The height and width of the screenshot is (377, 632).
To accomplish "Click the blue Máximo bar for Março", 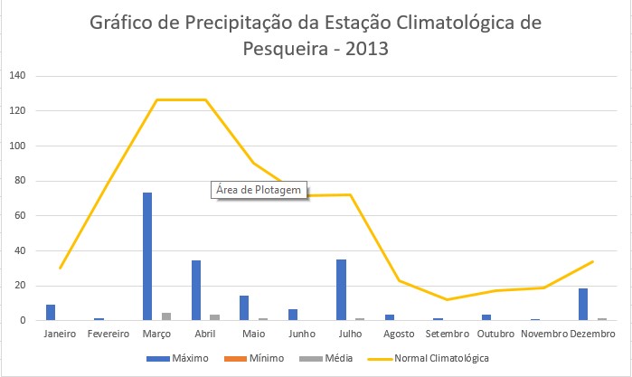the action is (147, 257).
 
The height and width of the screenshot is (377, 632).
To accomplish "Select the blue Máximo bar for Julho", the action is (342, 290).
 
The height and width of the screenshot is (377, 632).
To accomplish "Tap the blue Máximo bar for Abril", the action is (196, 290).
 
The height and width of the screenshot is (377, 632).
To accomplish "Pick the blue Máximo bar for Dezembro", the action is (583, 305).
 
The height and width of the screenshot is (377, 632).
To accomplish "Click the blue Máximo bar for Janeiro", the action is (51, 313).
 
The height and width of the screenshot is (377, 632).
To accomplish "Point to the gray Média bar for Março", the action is (166, 316).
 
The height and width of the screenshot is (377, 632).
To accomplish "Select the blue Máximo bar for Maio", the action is (244, 308).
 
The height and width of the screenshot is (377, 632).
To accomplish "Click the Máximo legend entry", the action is (177, 358).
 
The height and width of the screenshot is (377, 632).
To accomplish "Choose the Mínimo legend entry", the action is (254, 358).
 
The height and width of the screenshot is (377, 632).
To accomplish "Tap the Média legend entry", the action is (326, 358).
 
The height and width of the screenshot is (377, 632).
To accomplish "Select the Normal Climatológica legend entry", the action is (428, 358).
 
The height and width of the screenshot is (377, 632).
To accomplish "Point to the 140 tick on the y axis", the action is (17, 75).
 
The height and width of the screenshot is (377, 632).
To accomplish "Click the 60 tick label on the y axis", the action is (20, 215).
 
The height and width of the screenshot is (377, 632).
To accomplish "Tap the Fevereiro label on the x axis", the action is (108, 334).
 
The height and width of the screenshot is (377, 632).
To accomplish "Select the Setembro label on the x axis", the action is (448, 334).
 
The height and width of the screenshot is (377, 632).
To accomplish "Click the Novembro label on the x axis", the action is (544, 334).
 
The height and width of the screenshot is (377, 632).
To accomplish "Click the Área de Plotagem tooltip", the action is (259, 190).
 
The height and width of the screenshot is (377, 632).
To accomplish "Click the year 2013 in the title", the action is (367, 49).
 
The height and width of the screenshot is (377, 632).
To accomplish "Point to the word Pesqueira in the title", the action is (286, 49).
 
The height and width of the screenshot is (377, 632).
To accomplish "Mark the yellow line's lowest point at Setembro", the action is (447, 299).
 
